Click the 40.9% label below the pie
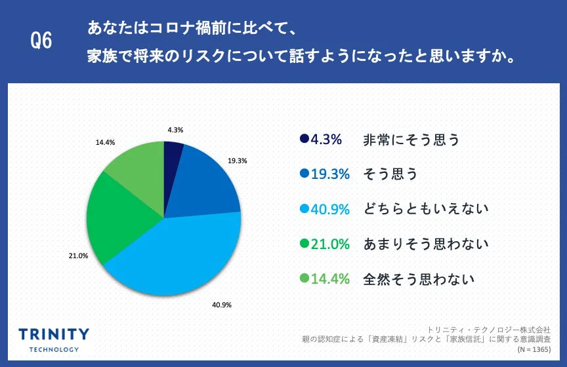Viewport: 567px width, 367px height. [x=221, y=305]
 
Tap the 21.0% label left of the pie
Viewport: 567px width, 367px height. [x=78, y=256]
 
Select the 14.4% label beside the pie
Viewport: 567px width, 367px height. [x=105, y=142]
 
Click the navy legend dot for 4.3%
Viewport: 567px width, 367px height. [x=304, y=139]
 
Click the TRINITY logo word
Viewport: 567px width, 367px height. [x=54, y=334]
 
